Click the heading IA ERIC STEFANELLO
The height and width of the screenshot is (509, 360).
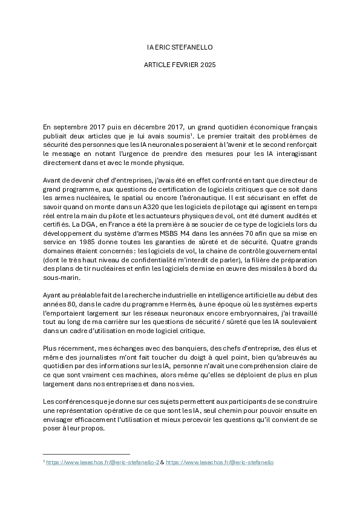click(180, 47)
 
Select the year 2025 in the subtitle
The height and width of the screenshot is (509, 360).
click(206, 63)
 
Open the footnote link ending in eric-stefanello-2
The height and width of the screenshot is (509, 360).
click(103, 462)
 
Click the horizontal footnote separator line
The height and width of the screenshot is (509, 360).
click(87, 453)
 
